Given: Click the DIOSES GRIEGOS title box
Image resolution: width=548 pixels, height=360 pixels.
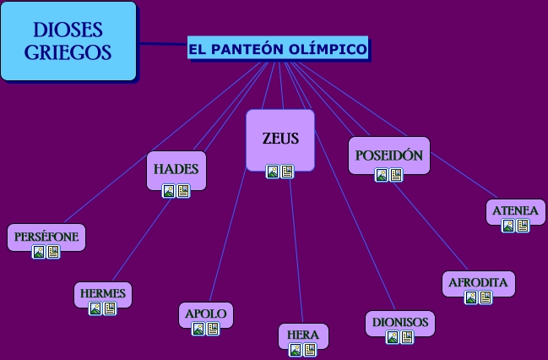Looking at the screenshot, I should pos(68,41).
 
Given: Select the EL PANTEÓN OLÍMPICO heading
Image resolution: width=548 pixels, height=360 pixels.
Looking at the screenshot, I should pos(278,50).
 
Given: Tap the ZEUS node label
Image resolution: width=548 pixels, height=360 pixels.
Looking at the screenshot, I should pos(280,139).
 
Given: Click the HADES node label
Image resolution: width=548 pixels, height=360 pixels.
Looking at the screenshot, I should pos(176,169).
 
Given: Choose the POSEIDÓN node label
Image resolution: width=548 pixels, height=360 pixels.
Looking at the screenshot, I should pos(388,155).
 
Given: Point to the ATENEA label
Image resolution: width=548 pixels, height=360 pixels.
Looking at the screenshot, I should pos(515,210).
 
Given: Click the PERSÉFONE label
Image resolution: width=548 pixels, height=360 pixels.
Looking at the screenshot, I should pos(46,237).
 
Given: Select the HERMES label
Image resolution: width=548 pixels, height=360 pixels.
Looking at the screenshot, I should pos(103,293).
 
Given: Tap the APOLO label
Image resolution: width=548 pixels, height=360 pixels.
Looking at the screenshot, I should pos(206,314).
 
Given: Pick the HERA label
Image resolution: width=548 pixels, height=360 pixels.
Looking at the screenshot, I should pos(303,335).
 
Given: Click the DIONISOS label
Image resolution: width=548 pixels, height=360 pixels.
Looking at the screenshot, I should pos(400,322).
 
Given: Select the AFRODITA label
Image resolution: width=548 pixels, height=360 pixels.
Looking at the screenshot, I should pos(478,282).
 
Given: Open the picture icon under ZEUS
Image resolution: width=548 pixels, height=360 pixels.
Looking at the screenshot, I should pos(273,172).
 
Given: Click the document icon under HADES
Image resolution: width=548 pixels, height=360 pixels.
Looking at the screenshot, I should pos(183,191).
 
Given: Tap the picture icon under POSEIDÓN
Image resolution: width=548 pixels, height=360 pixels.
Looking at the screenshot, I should pos(382,175).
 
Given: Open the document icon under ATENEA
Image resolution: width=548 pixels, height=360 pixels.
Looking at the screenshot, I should pos(523,226).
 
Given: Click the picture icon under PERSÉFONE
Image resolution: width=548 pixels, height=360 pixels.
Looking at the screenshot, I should pos(39,252).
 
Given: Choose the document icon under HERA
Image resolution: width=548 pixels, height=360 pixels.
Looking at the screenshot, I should pos(310,350).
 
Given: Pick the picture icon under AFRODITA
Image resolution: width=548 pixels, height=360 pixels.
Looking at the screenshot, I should pos(471,297).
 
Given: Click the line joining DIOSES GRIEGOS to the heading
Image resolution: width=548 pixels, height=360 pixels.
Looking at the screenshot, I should pos(162,43).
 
